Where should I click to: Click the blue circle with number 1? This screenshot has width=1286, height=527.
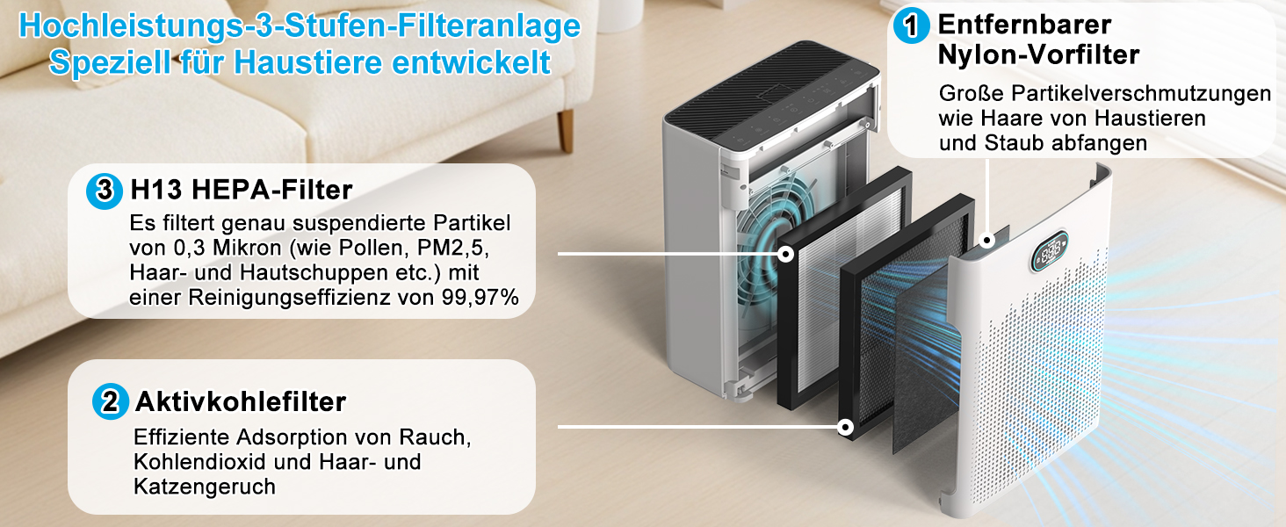click(911, 25)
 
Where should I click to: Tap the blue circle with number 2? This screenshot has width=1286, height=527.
click(110, 401)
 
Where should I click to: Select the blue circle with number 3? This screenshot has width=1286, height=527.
click(105, 191)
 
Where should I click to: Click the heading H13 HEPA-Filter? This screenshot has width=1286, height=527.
click(241, 190)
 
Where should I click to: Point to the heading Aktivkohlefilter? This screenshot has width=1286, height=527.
click(241, 402)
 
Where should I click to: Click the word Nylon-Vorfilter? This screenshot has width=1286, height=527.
click(1038, 55)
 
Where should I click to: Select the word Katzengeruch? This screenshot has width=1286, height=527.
click(205, 487)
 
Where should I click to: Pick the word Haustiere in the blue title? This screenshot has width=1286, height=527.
click(307, 62)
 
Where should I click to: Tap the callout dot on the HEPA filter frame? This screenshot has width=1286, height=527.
click(786, 253)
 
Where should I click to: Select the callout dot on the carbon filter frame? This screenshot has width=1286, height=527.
click(845, 427)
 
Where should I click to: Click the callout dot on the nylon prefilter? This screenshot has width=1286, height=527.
click(986, 240)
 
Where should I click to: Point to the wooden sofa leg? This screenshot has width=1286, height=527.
click(566, 130)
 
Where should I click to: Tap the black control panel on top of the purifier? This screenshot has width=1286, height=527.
click(772, 89)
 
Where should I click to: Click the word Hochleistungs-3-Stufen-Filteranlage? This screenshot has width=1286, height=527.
click(300, 26)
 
